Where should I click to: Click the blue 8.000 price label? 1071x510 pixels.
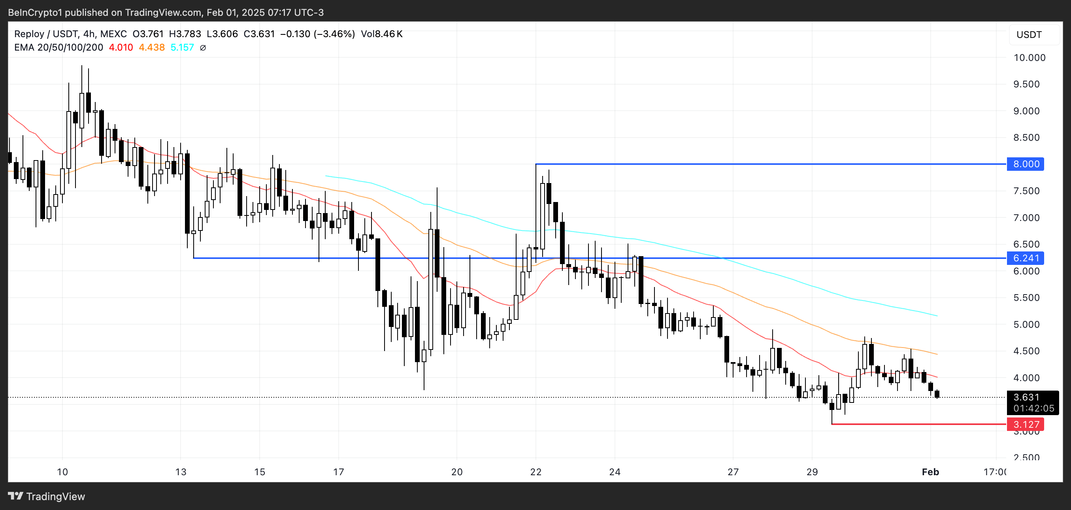[1025, 164]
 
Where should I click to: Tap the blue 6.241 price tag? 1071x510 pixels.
[1025, 258]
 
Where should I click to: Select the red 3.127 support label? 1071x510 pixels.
[1025, 424]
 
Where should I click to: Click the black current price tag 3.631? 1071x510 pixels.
[1026, 397]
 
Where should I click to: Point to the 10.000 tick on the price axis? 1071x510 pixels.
[1029, 57]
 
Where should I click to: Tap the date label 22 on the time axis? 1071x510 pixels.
[535, 472]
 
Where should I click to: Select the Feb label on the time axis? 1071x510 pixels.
[930, 472]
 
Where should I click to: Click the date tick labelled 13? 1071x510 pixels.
[181, 472]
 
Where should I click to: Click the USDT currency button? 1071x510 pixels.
[1029, 34]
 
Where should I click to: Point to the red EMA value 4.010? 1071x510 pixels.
[121, 47]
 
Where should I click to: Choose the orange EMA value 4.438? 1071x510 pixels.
[152, 47]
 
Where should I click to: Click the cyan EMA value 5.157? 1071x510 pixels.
[182, 47]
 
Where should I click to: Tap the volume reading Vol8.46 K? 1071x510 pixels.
[381, 34]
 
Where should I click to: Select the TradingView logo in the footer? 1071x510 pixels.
[47, 496]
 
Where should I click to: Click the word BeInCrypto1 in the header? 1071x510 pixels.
[35, 13]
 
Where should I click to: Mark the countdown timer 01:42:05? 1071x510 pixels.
[1033, 408]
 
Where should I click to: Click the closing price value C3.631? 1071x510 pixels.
[259, 34]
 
